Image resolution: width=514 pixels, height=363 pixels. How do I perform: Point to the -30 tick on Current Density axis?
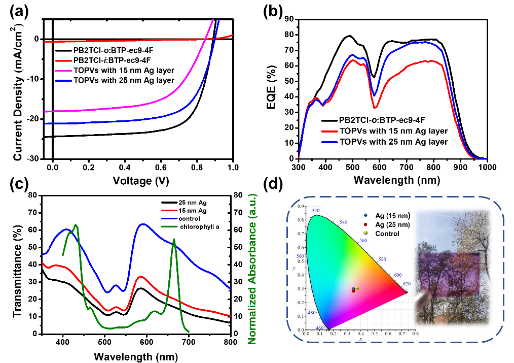pos(32,158)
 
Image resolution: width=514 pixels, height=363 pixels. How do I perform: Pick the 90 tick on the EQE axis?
pos(289,19)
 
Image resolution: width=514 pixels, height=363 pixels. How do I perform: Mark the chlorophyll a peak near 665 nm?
pos(174,240)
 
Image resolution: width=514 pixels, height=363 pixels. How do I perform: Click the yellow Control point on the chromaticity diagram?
pos(357,288)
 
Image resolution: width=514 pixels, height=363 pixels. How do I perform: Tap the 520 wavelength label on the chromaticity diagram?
pos(316,210)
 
